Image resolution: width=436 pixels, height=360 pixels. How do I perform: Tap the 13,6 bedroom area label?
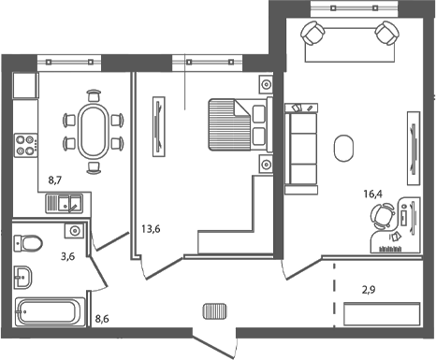(x=149, y=227)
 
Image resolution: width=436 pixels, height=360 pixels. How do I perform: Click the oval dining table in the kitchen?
(x=93, y=132)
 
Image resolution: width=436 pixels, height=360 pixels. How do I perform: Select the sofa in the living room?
(x=301, y=146)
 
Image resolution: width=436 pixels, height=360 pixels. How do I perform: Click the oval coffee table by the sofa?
(x=343, y=148)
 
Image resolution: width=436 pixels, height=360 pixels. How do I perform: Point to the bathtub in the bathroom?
(x=50, y=313)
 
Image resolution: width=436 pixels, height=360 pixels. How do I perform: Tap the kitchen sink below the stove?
(x=65, y=201)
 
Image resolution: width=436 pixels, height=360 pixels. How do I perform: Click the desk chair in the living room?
(x=380, y=218)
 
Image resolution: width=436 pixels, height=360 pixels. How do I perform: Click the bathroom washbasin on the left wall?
(x=25, y=277)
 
